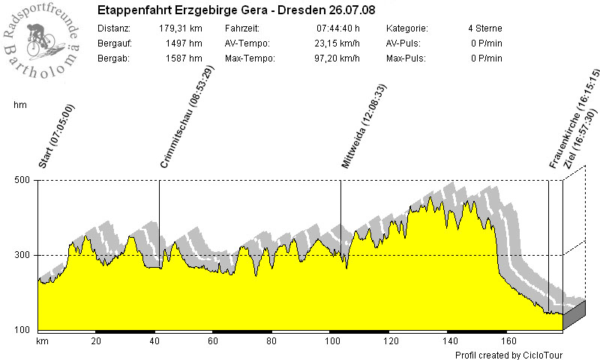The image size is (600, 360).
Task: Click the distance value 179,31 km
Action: (x=181, y=28)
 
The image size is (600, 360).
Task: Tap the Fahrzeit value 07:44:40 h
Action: (x=339, y=28)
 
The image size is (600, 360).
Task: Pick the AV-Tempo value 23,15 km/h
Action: (x=337, y=43)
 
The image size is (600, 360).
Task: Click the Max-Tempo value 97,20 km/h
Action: (x=337, y=58)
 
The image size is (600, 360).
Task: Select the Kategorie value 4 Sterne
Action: (x=484, y=28)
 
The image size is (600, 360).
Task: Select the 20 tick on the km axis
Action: (x=95, y=340)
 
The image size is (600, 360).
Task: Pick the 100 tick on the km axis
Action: (x=330, y=340)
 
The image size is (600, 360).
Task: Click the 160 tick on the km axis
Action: (x=506, y=340)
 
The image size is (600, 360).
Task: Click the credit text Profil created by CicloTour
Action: (x=508, y=355)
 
